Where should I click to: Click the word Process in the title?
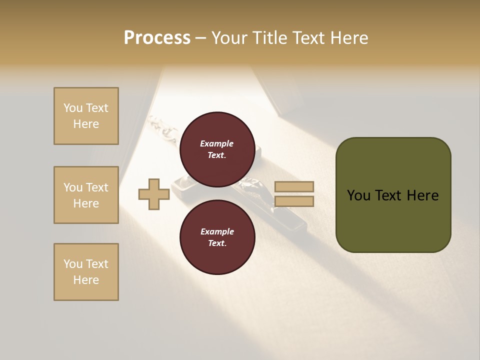pyautogui.click(x=157, y=38)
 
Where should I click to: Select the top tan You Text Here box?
pyautogui.click(x=86, y=116)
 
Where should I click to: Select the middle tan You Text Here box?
pyautogui.click(x=86, y=195)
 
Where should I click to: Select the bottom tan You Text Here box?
pyautogui.click(x=86, y=272)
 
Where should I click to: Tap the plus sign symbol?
pyautogui.click(x=153, y=194)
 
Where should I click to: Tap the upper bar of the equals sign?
pyautogui.click(x=294, y=187)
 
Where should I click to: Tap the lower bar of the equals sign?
pyautogui.click(x=294, y=201)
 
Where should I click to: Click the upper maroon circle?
pyautogui.click(x=217, y=149)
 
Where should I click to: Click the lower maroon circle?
pyautogui.click(x=217, y=237)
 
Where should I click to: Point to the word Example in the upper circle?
pyautogui.click(x=217, y=143)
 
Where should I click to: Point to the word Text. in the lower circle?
pyautogui.click(x=217, y=243)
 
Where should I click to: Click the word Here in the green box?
pyautogui.click(x=422, y=195)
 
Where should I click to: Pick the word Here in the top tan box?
pyautogui.click(x=86, y=124)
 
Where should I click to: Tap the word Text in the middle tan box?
pyautogui.click(x=97, y=187)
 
